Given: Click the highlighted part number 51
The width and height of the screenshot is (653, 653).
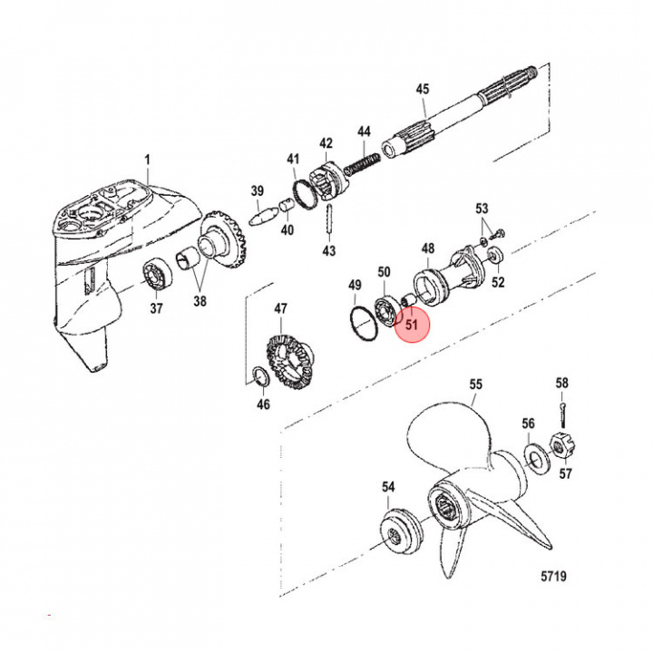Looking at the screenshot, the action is click(412, 324).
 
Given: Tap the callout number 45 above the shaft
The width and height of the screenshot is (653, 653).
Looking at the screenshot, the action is click(423, 89).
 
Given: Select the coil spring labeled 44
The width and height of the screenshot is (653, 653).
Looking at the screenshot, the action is click(362, 163).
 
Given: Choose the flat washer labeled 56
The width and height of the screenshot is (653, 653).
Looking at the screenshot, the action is click(534, 459).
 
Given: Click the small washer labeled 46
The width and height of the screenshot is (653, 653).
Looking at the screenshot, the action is click(261, 376).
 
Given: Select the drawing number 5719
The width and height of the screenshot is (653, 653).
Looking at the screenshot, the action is click(553, 576).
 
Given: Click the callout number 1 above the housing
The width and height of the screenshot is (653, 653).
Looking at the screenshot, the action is click(147, 159).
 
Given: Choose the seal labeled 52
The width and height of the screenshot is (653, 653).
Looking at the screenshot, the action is click(495, 255).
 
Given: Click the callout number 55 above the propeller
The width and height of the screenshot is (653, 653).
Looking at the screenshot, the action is click(475, 384).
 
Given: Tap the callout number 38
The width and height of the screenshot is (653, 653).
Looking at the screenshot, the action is click(200, 301).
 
